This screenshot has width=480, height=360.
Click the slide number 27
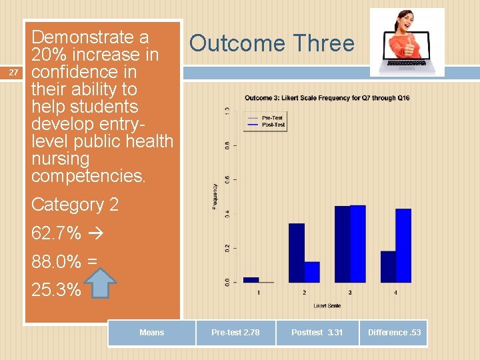[x=11, y=72]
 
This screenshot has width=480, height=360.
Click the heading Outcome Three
[x=271, y=43]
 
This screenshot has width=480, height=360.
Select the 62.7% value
[x=56, y=233]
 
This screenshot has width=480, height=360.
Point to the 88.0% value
[x=56, y=262]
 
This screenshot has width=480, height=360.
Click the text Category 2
[x=75, y=205]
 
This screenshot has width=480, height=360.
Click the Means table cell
[x=151, y=333]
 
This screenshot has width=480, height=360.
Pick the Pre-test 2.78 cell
[x=235, y=333]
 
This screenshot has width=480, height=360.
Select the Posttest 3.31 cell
[x=317, y=333]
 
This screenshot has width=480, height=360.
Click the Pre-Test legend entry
[x=271, y=118]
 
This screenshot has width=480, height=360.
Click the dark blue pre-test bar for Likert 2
[x=296, y=253]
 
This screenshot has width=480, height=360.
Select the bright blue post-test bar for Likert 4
[x=403, y=245]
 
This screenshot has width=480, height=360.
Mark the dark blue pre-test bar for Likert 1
[x=251, y=279]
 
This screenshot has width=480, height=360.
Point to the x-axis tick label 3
[x=350, y=293]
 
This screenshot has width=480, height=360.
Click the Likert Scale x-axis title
[x=327, y=306]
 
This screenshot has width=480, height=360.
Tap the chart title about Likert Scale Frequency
[x=327, y=98]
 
